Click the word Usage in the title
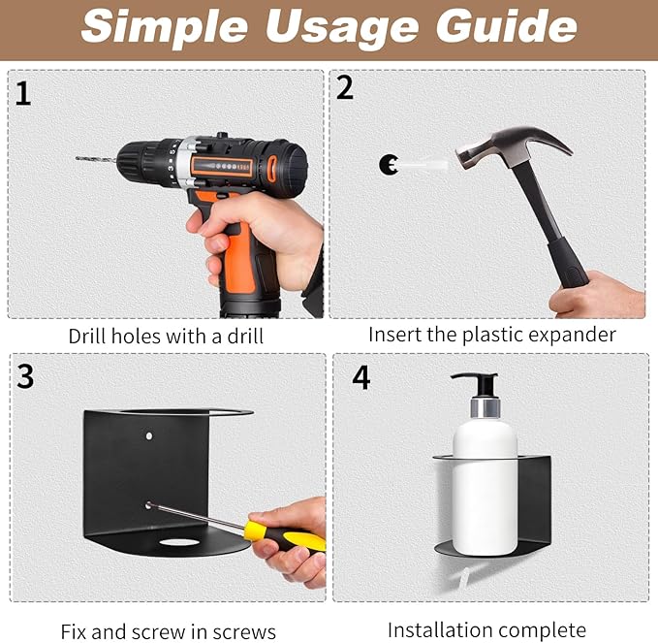(342, 28)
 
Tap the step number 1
(23, 94)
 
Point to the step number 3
(25, 376)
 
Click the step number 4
(361, 377)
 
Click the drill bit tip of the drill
(78, 158)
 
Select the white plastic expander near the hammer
(423, 163)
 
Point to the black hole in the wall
(388, 164)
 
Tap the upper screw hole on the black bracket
(149, 436)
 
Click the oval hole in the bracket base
(179, 542)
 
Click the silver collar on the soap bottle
(486, 407)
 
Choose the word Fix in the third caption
(74, 631)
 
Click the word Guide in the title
(507, 26)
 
